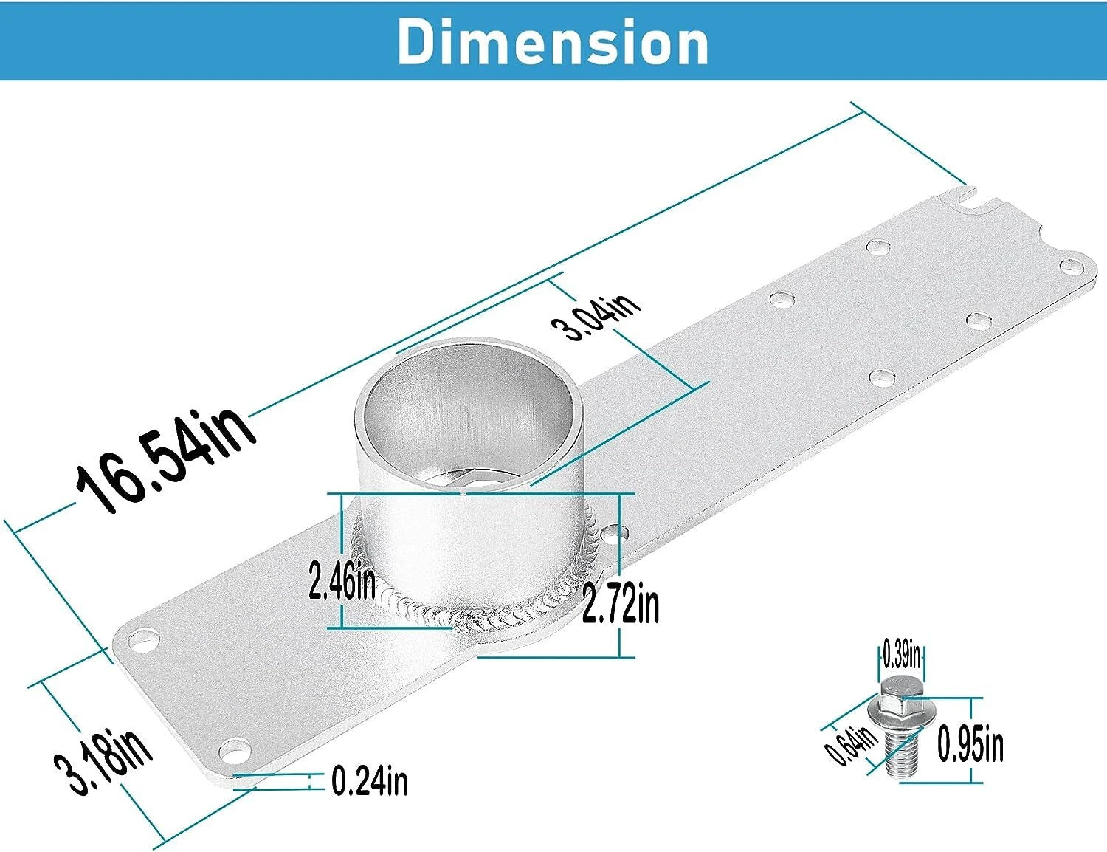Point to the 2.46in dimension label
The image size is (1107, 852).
tap(342, 580)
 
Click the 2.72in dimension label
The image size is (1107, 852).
tap(621, 603)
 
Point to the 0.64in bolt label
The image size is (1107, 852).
tap(851, 746)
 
